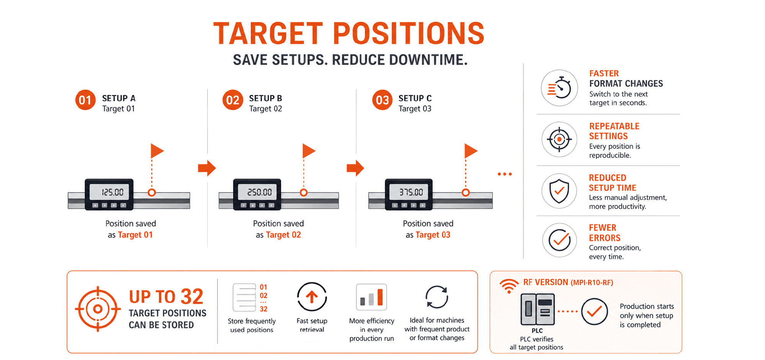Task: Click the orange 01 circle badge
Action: tap(85, 100)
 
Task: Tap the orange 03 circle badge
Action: tap(382, 100)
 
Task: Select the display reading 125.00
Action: tap(112, 192)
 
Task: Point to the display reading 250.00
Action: tap(260, 192)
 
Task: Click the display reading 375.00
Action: tap(411, 192)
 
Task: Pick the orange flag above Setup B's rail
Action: tap(309, 151)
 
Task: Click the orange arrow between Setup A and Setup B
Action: tap(207, 168)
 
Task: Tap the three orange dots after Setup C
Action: tap(505, 174)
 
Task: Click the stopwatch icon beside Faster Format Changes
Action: tap(559, 88)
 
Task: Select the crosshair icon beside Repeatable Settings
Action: tap(559, 139)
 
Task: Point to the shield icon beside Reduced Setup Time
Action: tap(559, 191)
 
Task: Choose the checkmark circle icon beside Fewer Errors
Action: tap(559, 241)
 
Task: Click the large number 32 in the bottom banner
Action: tap(192, 296)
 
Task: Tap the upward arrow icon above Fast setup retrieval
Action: tap(312, 297)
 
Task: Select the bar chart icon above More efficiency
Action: tap(371, 297)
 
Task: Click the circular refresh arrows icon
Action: tap(437, 297)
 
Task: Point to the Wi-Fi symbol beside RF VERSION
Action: tap(509, 286)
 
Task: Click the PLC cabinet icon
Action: tap(538, 309)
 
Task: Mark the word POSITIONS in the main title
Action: tap(409, 33)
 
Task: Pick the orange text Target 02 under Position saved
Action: tap(283, 235)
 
